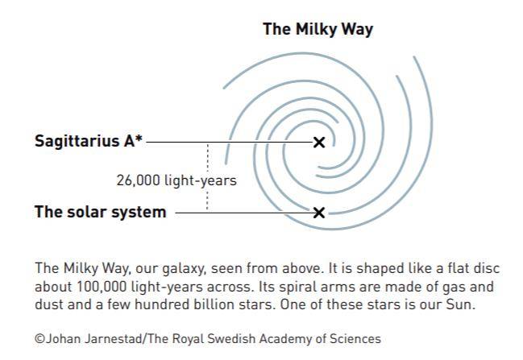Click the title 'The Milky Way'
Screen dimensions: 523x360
click(x=318, y=29)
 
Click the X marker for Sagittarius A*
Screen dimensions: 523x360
click(x=319, y=143)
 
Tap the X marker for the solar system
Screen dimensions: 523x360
click(x=319, y=213)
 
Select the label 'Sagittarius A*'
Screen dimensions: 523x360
click(x=89, y=141)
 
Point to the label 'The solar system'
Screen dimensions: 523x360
click(x=101, y=212)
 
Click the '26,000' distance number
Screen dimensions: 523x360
click(x=139, y=180)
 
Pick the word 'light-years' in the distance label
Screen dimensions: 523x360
click(x=201, y=180)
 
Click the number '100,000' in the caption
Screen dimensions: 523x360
click(x=102, y=287)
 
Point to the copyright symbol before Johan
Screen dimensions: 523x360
click(x=39, y=339)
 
